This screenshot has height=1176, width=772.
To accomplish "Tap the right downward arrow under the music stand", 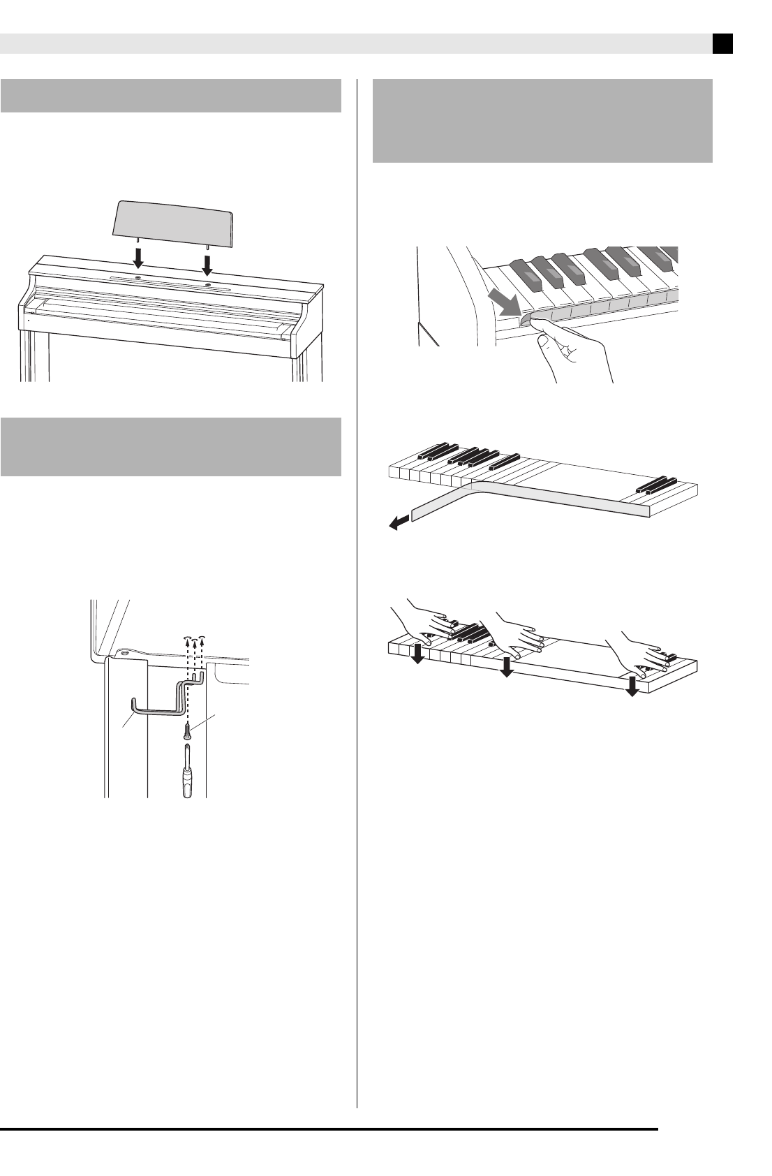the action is [207, 264].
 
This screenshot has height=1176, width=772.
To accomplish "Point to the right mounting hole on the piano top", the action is [208, 286].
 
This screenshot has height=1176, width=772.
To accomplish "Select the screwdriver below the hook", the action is [188, 771].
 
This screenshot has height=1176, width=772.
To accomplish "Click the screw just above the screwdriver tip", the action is [187, 730].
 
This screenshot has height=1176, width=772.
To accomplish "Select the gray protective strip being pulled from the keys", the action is [530, 499].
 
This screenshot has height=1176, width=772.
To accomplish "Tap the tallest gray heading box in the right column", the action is [542, 121].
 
